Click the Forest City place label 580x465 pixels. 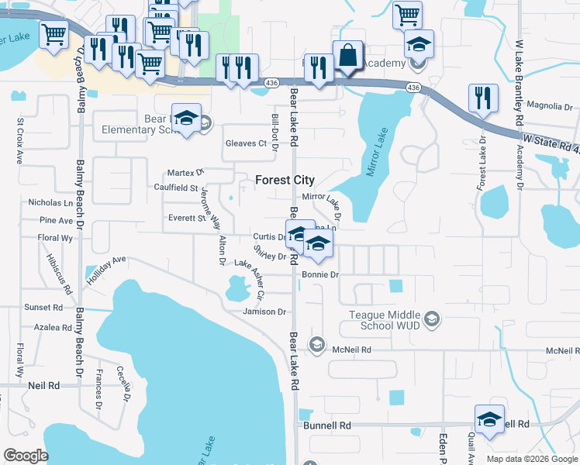coord(285,180)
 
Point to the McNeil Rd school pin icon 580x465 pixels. coord(316,344)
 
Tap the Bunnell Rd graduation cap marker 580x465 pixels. coord(489,421)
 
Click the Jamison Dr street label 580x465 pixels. coord(264,312)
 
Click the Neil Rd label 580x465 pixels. coord(43,385)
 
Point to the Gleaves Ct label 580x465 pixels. coord(246,143)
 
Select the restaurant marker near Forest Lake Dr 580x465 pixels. coord(483,99)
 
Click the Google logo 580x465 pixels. coord(26,456)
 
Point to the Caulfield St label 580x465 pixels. coord(174,188)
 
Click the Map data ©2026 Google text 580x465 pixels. coord(532,459)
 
